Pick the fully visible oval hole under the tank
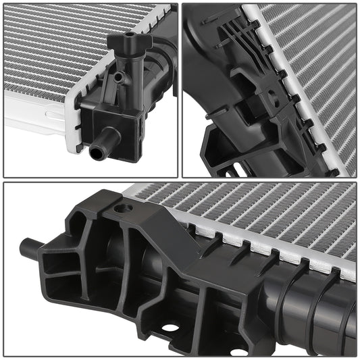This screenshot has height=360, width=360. coord(170,328)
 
